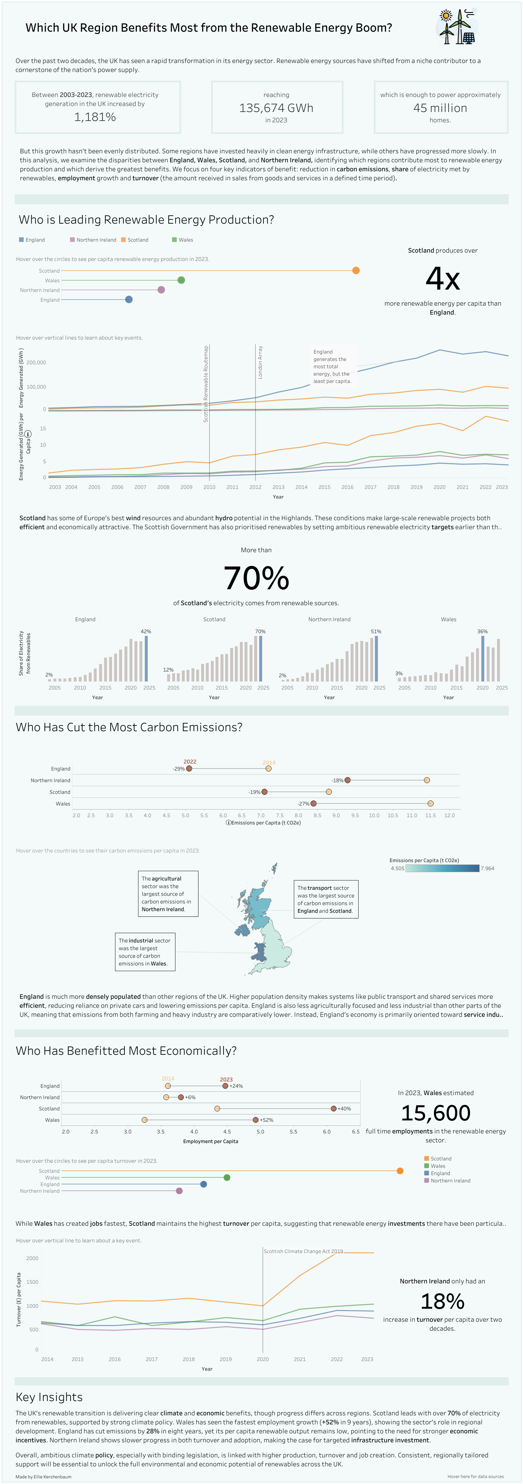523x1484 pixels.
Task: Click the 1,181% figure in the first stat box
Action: pos(95,117)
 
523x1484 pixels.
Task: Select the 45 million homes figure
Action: pos(440,108)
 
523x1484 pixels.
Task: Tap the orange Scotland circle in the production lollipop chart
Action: pos(356,271)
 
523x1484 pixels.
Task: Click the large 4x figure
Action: pos(443,279)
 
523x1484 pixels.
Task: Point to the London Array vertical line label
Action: pos(260,362)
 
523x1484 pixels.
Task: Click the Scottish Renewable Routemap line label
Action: pos(206,384)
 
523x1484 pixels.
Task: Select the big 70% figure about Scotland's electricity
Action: pos(256,578)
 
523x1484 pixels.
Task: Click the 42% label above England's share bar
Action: pos(146,632)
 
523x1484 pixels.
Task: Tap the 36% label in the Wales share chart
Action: pos(482,632)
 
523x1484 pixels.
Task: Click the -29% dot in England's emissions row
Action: pos(189,768)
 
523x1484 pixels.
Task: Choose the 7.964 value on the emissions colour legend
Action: pos(487,868)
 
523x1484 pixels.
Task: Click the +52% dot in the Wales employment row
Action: pos(255,1120)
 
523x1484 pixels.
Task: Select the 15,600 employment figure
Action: pos(435,1113)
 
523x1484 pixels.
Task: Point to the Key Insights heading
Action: pos(49,1397)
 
